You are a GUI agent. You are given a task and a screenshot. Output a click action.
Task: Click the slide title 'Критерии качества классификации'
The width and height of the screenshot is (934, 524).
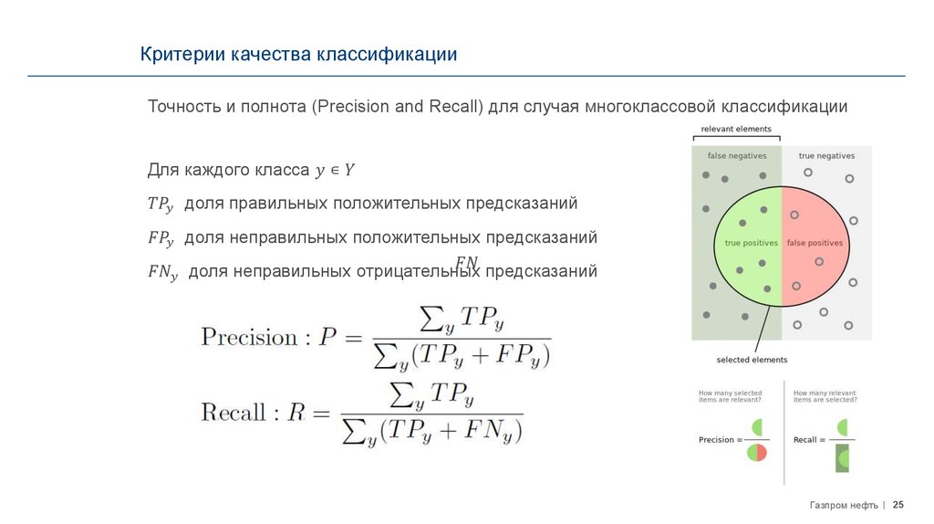click(298, 55)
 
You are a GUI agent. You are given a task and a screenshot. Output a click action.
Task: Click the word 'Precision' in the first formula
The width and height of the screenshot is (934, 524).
click(249, 337)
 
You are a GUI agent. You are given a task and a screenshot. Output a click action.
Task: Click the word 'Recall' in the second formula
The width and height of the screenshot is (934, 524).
click(233, 412)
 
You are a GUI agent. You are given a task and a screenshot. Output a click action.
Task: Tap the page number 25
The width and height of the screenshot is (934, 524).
click(898, 505)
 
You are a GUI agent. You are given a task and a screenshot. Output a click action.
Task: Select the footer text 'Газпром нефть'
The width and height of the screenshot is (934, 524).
click(844, 505)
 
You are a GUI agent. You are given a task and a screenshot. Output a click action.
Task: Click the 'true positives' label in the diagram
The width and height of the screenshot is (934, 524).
click(751, 244)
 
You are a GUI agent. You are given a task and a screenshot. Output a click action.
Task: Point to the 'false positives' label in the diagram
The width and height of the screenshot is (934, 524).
click(815, 244)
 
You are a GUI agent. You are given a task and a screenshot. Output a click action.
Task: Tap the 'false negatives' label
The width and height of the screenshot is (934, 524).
click(737, 156)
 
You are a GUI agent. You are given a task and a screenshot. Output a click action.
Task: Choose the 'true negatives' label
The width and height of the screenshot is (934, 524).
click(826, 156)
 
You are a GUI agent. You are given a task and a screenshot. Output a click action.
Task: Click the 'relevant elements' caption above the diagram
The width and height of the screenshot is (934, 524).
click(735, 129)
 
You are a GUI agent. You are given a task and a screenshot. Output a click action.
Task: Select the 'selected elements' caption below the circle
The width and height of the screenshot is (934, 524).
click(752, 360)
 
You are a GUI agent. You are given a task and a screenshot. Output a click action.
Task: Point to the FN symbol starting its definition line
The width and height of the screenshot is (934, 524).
click(162, 272)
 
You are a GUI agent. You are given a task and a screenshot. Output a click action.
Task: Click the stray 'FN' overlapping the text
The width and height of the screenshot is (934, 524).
click(466, 261)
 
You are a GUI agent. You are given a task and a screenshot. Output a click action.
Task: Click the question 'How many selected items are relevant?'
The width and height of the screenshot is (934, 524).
click(730, 396)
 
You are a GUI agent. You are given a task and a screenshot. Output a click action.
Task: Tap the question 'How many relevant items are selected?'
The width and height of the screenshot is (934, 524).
click(825, 396)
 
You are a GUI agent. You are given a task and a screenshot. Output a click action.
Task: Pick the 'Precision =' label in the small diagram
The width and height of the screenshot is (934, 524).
click(719, 440)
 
